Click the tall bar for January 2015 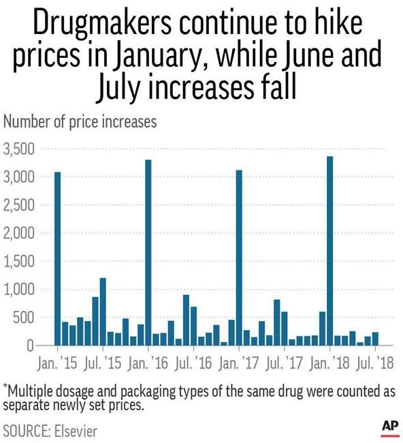(x=58, y=259)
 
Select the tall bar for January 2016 (x=148, y=253)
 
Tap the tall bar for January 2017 (x=239, y=258)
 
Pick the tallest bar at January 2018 (x=330, y=251)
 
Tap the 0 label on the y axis (x=31, y=346)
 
